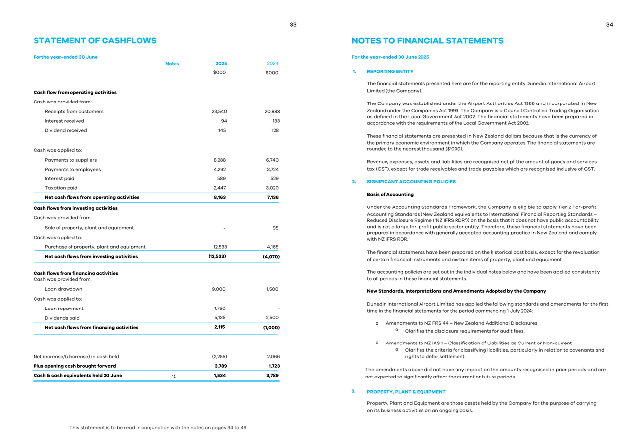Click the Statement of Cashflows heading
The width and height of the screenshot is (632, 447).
(95, 41)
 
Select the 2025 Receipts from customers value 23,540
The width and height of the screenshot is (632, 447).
(219, 111)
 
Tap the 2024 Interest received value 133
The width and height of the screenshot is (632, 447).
(275, 121)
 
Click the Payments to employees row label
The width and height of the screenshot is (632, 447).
(72, 169)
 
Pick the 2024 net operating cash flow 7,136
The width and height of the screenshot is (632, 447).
(271, 197)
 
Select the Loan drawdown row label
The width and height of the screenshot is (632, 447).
(64, 289)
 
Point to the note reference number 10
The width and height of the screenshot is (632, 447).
(174, 377)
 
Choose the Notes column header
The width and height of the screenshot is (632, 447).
(172, 64)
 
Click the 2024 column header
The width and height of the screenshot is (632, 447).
(272, 63)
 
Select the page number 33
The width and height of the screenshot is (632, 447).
(293, 25)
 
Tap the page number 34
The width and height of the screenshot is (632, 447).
(610, 25)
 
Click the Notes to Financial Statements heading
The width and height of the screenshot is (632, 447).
(427, 41)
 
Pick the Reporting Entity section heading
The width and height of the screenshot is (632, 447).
(390, 72)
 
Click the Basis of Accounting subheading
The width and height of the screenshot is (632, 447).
(390, 194)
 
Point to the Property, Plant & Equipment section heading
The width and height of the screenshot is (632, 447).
(406, 392)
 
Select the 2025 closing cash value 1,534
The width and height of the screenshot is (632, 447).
(221, 376)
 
